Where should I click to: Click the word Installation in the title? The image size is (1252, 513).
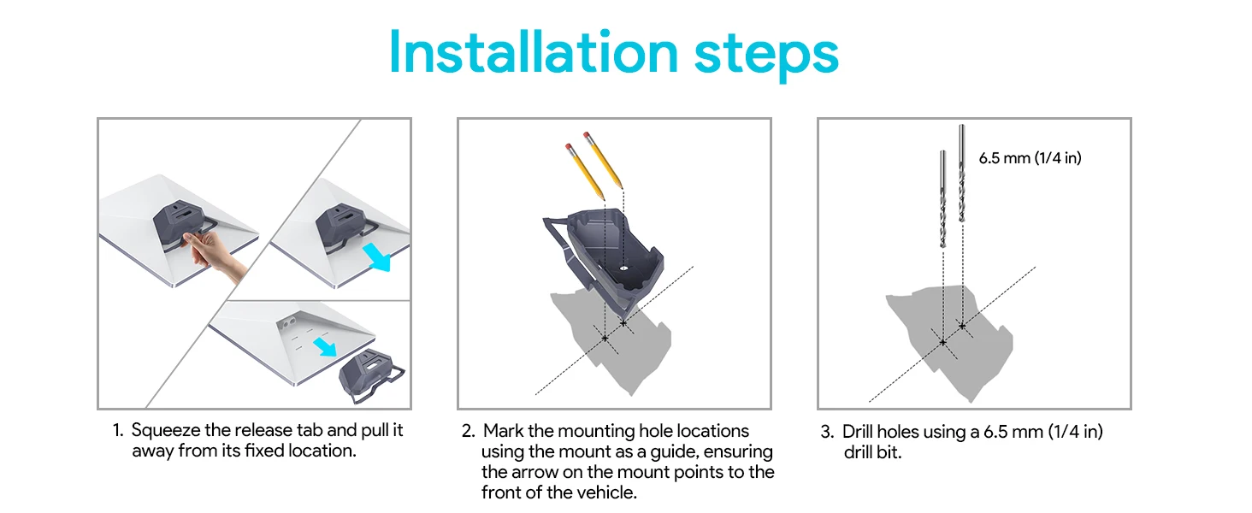(534, 52)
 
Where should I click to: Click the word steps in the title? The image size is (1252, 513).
(766, 56)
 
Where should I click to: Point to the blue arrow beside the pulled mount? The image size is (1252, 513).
(376, 256)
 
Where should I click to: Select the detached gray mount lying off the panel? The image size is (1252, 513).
(371, 375)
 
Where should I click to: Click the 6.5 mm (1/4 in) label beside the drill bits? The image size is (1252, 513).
(1030, 158)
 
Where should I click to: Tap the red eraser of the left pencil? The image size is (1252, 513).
(569, 147)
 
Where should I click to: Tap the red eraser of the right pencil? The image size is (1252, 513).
(587, 136)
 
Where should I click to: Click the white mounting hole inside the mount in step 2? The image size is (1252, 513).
(623, 268)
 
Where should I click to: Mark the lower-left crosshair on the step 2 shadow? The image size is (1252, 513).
(605, 338)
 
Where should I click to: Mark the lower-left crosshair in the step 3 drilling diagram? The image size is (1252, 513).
(943, 342)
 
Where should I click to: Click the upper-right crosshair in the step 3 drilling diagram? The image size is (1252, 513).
(962, 326)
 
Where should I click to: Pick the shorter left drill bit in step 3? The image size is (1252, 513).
(943, 198)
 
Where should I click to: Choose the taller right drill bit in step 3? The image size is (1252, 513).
(962, 173)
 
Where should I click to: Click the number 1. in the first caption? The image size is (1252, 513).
(118, 430)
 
